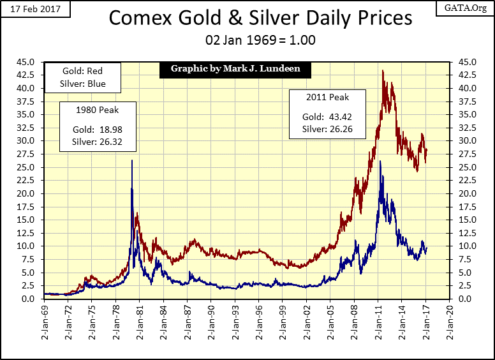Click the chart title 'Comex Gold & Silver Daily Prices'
pyautogui.click(x=260, y=17)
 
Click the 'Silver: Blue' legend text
pyautogui.click(x=84, y=84)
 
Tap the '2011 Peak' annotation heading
pyautogui.click(x=328, y=98)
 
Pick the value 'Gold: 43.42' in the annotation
pyautogui.click(x=328, y=117)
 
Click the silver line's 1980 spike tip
pyautogui.click(x=132, y=160)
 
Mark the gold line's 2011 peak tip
pyautogui.click(x=383, y=70)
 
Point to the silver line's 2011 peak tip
pyautogui.click(x=380, y=161)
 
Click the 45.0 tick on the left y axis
pyautogui.click(x=31, y=62)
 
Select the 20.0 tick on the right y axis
pyautogui.click(x=464, y=193)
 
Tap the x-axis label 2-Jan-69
pyautogui.click(x=44, y=318)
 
